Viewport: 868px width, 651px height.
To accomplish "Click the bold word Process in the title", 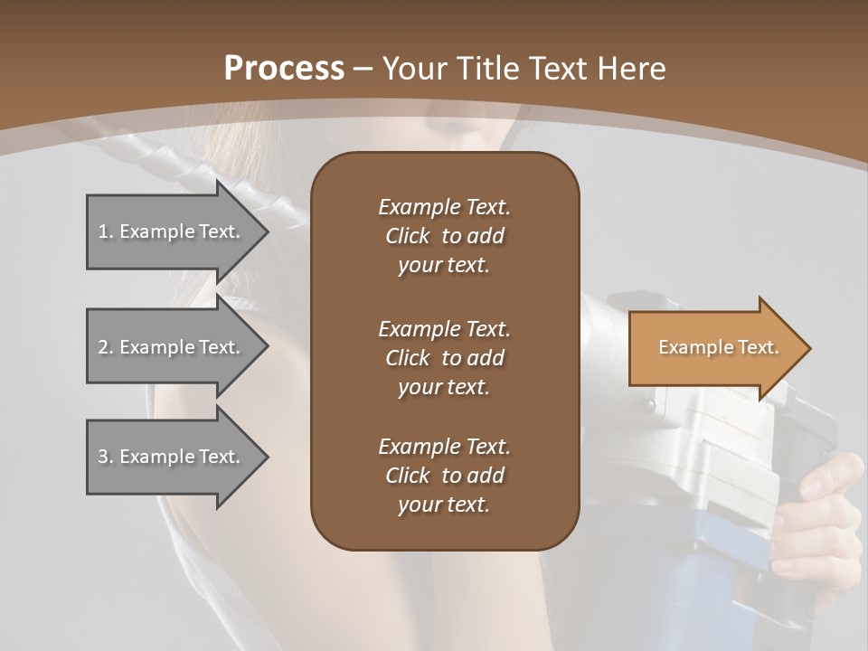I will pyautogui.click(x=284, y=68).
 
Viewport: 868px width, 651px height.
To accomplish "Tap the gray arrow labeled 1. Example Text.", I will pyautogui.click(x=172, y=231).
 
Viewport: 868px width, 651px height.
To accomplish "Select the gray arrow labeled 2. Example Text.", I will pyautogui.click(x=172, y=347).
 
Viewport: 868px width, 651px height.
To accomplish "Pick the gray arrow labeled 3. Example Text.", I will pyautogui.click(x=172, y=457).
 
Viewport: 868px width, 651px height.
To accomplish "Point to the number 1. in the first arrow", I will pyautogui.click(x=106, y=231).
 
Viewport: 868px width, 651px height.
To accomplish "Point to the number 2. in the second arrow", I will pyautogui.click(x=106, y=347).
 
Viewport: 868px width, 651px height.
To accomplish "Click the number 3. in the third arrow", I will pyautogui.click(x=106, y=457).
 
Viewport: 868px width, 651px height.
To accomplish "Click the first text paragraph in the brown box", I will pyautogui.click(x=444, y=236).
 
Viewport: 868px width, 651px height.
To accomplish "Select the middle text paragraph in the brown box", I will pyautogui.click(x=444, y=357).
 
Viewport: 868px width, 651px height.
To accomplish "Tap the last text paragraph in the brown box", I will pyautogui.click(x=444, y=476).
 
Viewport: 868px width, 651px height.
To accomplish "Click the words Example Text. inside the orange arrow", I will pyautogui.click(x=718, y=347).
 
